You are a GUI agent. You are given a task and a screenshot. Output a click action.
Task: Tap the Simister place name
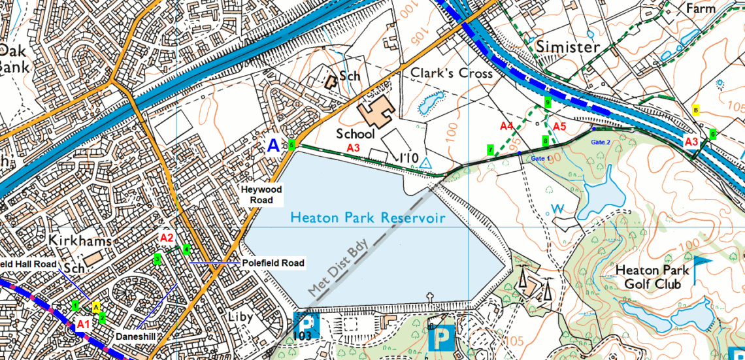click(x=568, y=47)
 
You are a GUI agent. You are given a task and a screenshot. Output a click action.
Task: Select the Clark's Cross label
click(x=451, y=73)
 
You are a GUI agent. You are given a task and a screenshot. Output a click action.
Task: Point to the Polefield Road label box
click(x=273, y=263)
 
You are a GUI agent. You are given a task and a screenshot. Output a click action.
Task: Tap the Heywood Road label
click(x=261, y=195)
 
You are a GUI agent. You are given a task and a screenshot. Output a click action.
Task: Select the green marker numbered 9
click(x=548, y=103)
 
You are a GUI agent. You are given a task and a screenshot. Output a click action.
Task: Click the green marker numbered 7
click(x=490, y=150)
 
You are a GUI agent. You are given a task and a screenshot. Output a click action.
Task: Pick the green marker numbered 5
click(x=291, y=145)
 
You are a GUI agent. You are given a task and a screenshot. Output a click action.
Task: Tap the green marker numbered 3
click(x=157, y=259)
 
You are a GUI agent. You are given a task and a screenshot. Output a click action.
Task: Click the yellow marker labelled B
click(x=696, y=110)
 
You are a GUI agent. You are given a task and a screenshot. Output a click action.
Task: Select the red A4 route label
click(x=506, y=125)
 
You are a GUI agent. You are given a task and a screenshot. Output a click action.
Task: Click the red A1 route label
click(x=83, y=324)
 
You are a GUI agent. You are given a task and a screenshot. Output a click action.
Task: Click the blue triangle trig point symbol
click(x=425, y=162)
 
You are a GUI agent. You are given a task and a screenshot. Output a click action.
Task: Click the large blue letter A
click(x=274, y=145)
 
